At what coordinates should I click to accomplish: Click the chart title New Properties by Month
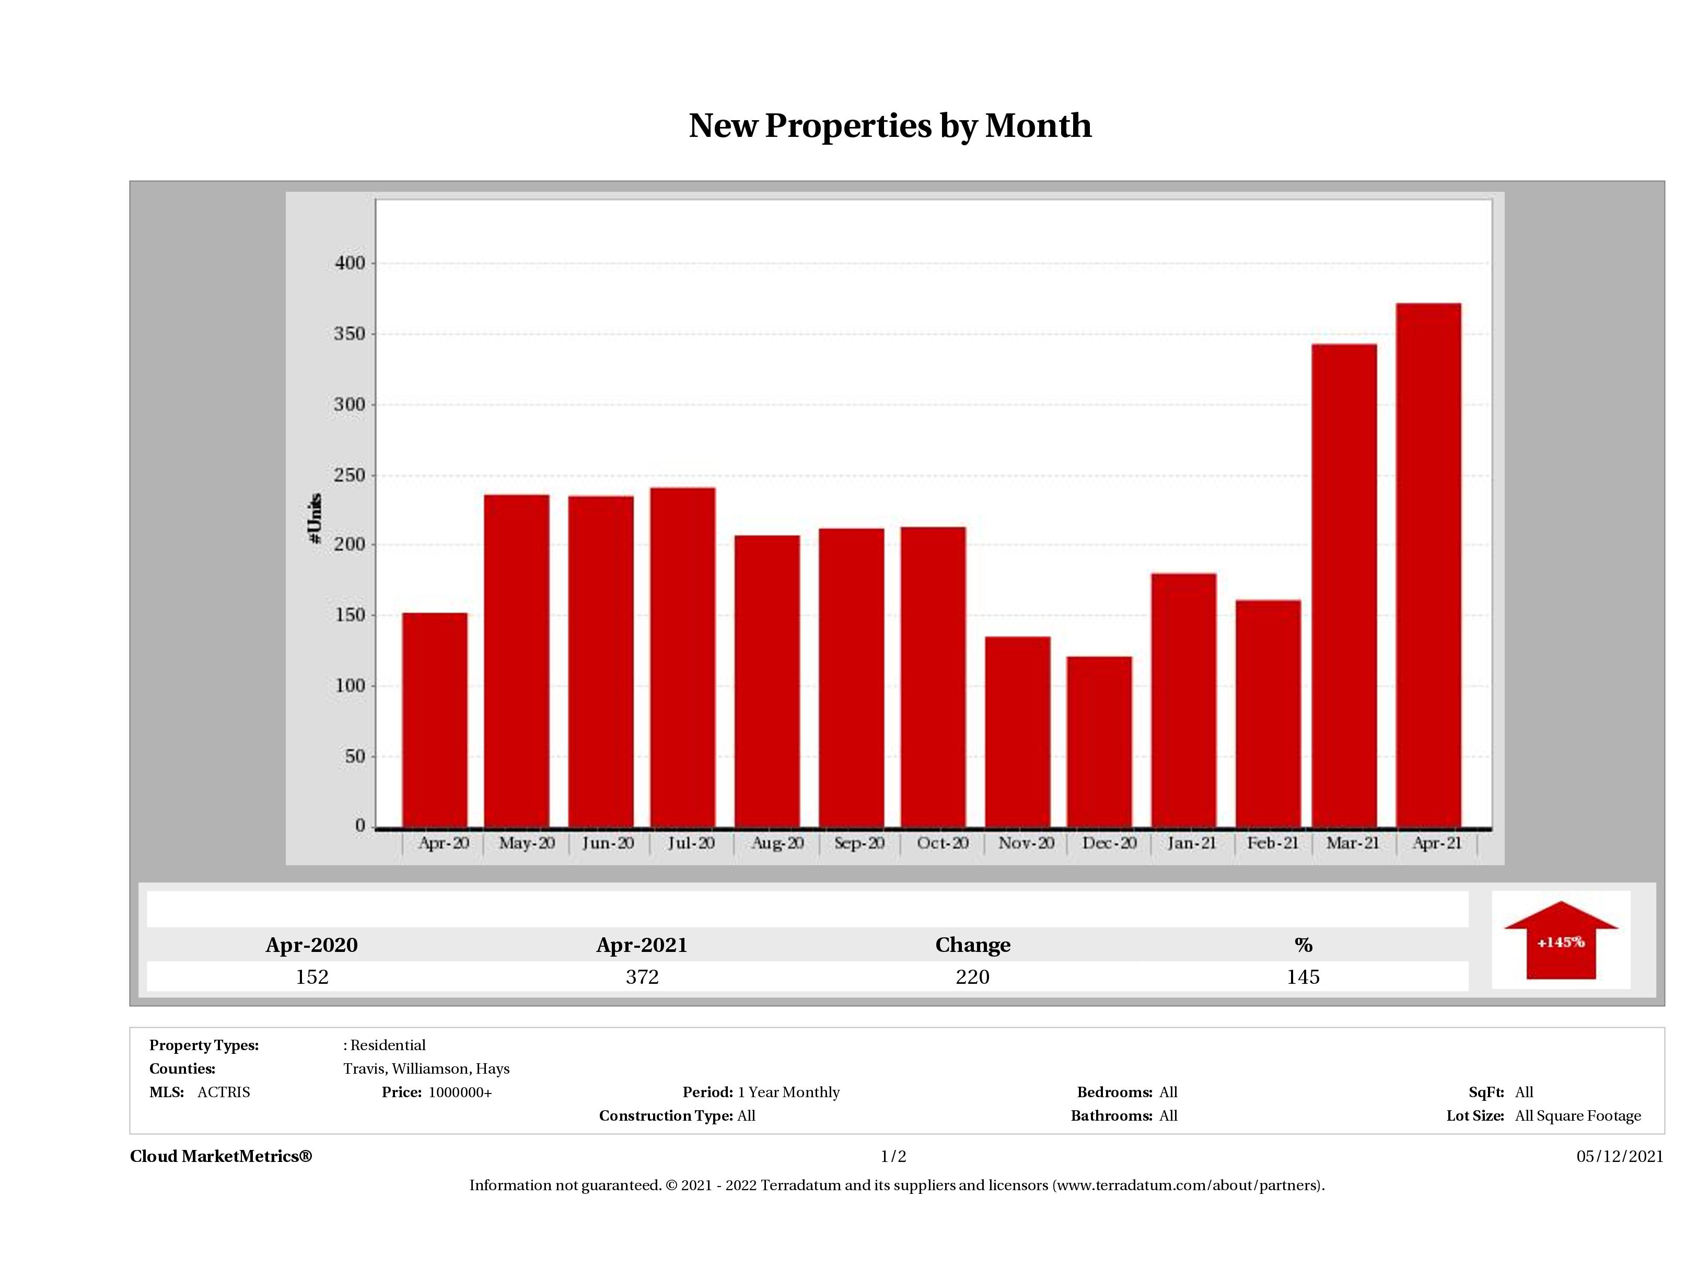(x=889, y=126)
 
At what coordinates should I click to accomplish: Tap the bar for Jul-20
(x=682, y=657)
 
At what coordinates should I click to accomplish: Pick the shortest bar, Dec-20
(x=1099, y=741)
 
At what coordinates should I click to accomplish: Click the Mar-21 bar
(x=1344, y=585)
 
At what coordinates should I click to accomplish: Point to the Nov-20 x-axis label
(x=1026, y=843)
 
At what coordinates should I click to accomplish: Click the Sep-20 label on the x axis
(x=859, y=843)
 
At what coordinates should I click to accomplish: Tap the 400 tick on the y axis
(x=350, y=263)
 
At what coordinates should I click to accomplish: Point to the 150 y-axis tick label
(x=350, y=615)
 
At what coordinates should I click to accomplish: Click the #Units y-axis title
(x=315, y=518)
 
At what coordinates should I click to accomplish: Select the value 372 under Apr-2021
(x=642, y=976)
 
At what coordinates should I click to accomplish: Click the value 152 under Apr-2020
(x=312, y=976)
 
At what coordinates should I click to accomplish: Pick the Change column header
(x=973, y=945)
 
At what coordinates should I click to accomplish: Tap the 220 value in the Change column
(x=973, y=976)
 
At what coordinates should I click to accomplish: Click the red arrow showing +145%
(x=1560, y=941)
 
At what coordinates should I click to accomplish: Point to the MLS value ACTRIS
(x=223, y=1092)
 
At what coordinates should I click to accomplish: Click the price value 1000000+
(x=460, y=1092)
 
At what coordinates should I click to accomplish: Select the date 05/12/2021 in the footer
(x=1620, y=1156)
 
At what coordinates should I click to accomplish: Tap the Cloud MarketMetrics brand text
(x=221, y=1156)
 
